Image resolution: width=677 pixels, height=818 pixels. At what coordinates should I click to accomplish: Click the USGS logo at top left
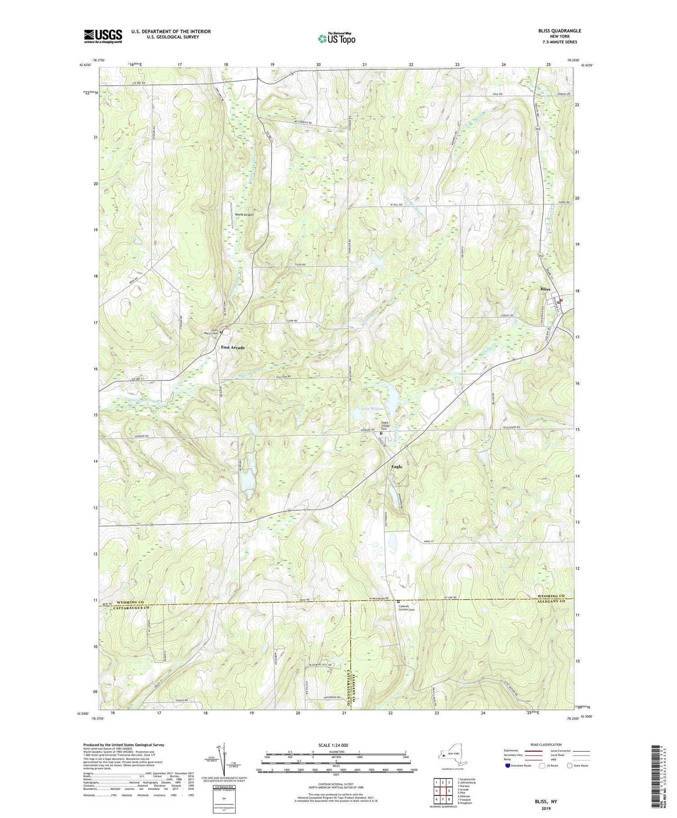(103, 36)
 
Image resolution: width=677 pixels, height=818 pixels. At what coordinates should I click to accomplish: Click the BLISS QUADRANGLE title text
(560, 31)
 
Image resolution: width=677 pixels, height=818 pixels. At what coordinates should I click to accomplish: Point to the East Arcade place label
(233, 347)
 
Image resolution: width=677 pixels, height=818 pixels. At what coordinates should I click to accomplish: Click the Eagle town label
(397, 467)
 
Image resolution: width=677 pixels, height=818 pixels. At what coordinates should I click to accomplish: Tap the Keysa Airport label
(244, 215)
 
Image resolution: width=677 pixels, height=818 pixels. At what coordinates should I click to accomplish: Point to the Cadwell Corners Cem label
(408, 607)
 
